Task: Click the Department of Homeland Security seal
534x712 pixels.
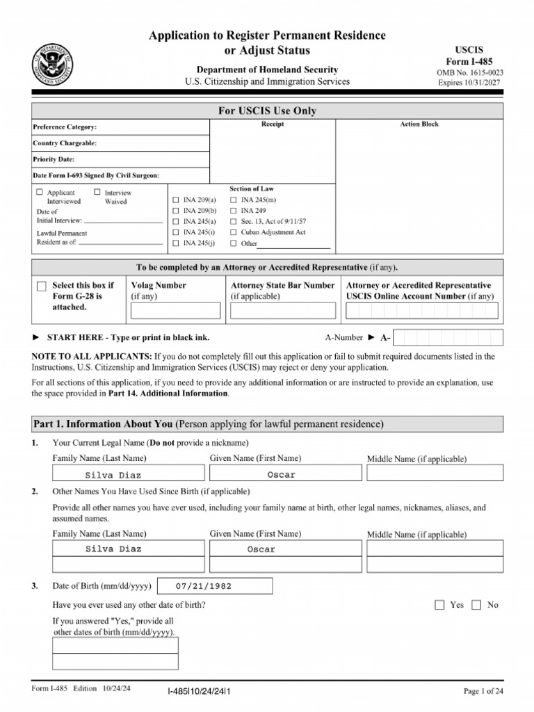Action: tap(53, 64)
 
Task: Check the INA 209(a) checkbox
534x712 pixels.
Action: tap(176, 200)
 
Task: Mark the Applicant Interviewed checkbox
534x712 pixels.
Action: tap(40, 192)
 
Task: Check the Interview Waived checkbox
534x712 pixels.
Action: tap(97, 192)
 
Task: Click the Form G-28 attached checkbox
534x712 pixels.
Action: tap(42, 286)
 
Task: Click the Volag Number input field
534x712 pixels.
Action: tap(175, 310)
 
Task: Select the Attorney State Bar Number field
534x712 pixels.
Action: tap(282, 310)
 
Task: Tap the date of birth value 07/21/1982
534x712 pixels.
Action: tap(204, 586)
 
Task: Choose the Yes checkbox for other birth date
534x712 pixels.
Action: tap(439, 605)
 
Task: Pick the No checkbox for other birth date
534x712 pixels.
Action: tap(476, 605)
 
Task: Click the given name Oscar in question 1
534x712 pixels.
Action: tap(282, 475)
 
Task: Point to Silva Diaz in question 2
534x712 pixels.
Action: tap(113, 549)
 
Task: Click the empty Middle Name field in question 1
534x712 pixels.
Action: tap(435, 474)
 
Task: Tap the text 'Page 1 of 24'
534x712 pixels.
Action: tap(483, 690)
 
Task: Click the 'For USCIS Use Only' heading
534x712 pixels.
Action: tap(267, 111)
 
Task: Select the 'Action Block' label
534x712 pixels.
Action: tap(419, 124)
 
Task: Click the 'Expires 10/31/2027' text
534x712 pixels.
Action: tap(470, 82)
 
